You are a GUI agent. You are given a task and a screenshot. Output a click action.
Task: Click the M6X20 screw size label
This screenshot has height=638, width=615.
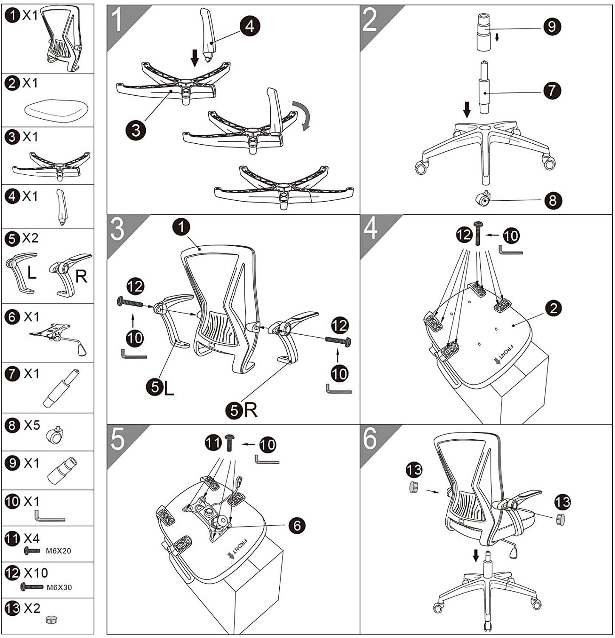point(58,551)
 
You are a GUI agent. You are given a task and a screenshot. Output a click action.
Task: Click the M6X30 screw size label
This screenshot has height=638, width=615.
point(59,587)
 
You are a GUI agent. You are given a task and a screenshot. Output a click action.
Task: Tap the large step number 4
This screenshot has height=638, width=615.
point(370,228)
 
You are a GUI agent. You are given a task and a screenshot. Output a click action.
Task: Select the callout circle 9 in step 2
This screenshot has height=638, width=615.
point(552,26)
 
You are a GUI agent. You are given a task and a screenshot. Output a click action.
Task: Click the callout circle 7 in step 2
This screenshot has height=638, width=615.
point(552,90)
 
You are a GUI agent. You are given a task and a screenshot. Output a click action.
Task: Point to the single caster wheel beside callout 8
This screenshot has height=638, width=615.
point(483,199)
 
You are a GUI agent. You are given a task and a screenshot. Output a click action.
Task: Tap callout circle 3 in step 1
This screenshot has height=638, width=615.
point(136,130)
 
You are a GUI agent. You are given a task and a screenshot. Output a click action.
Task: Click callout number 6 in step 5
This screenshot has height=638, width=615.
point(297,526)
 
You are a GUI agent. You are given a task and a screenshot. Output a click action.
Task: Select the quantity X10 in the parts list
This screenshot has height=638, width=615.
point(36,573)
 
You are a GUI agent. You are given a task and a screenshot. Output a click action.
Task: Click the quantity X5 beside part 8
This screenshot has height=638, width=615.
point(32,425)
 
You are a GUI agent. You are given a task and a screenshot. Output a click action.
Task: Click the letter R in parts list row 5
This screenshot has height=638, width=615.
point(81,276)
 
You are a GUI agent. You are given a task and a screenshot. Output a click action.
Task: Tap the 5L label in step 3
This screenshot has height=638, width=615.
point(160,387)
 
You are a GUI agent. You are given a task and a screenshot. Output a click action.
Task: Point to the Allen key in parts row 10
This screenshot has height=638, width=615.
point(49,516)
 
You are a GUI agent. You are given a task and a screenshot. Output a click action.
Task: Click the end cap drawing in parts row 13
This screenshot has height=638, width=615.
point(51,620)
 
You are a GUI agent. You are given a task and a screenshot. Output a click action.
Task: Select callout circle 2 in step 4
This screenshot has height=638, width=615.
point(553,308)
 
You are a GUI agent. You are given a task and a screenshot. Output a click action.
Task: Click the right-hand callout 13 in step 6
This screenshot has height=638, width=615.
point(562,502)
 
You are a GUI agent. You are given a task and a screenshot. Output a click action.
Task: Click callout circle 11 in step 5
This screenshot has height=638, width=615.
point(213,443)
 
